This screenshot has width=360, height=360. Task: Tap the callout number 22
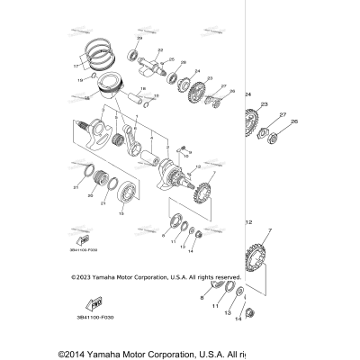tap(160, 49)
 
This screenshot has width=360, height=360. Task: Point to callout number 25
tap(183, 62)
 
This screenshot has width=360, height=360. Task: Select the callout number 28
tap(231, 92)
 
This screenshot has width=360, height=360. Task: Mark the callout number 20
tap(89, 193)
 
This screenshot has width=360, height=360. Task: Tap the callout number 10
tap(187, 155)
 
